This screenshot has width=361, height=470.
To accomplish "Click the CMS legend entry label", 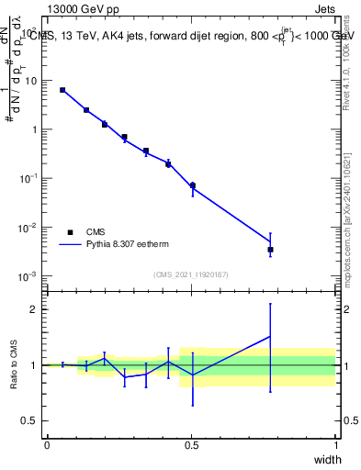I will click(x=96, y=232).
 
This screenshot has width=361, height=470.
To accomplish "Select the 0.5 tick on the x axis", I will click(x=191, y=445).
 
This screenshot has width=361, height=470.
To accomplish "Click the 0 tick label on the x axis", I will click(x=47, y=445).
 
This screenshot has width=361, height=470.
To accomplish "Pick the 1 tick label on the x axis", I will click(x=336, y=445).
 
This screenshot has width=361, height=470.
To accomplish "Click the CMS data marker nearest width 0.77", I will click(x=270, y=249).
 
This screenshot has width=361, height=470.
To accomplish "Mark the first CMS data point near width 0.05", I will click(x=62, y=90).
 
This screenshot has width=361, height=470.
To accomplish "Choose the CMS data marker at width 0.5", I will click(x=192, y=185).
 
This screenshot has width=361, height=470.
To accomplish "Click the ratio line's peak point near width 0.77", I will click(x=270, y=337).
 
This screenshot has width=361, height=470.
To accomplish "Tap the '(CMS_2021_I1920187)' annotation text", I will click(x=190, y=274).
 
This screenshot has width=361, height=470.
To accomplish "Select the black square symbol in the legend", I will click(x=70, y=232).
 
